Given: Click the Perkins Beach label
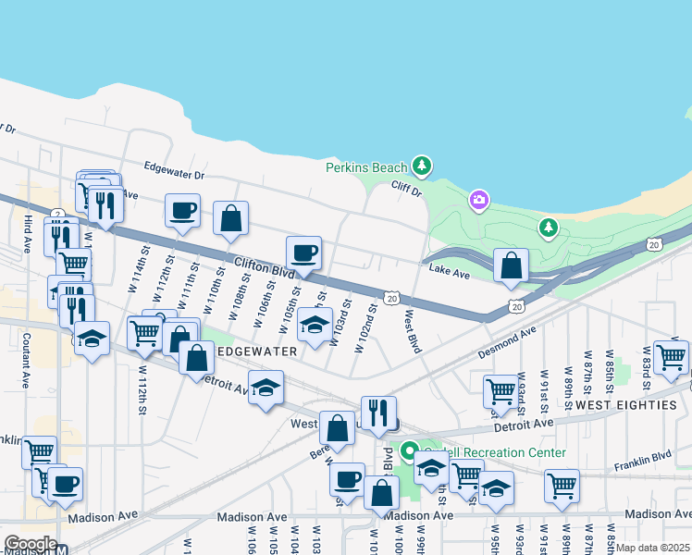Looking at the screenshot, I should [366, 167].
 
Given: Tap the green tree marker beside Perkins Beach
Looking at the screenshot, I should [422, 166].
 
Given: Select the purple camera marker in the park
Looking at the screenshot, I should [478, 199].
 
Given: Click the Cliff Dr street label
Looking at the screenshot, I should [404, 191].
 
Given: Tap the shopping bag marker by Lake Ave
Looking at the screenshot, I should [512, 266].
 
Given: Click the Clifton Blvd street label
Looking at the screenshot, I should [264, 267].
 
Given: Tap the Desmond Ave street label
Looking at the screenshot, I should [507, 342].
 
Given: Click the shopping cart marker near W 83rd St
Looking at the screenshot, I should [671, 355].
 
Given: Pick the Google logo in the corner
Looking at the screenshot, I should [30, 545].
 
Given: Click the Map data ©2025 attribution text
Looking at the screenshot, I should [653, 548].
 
